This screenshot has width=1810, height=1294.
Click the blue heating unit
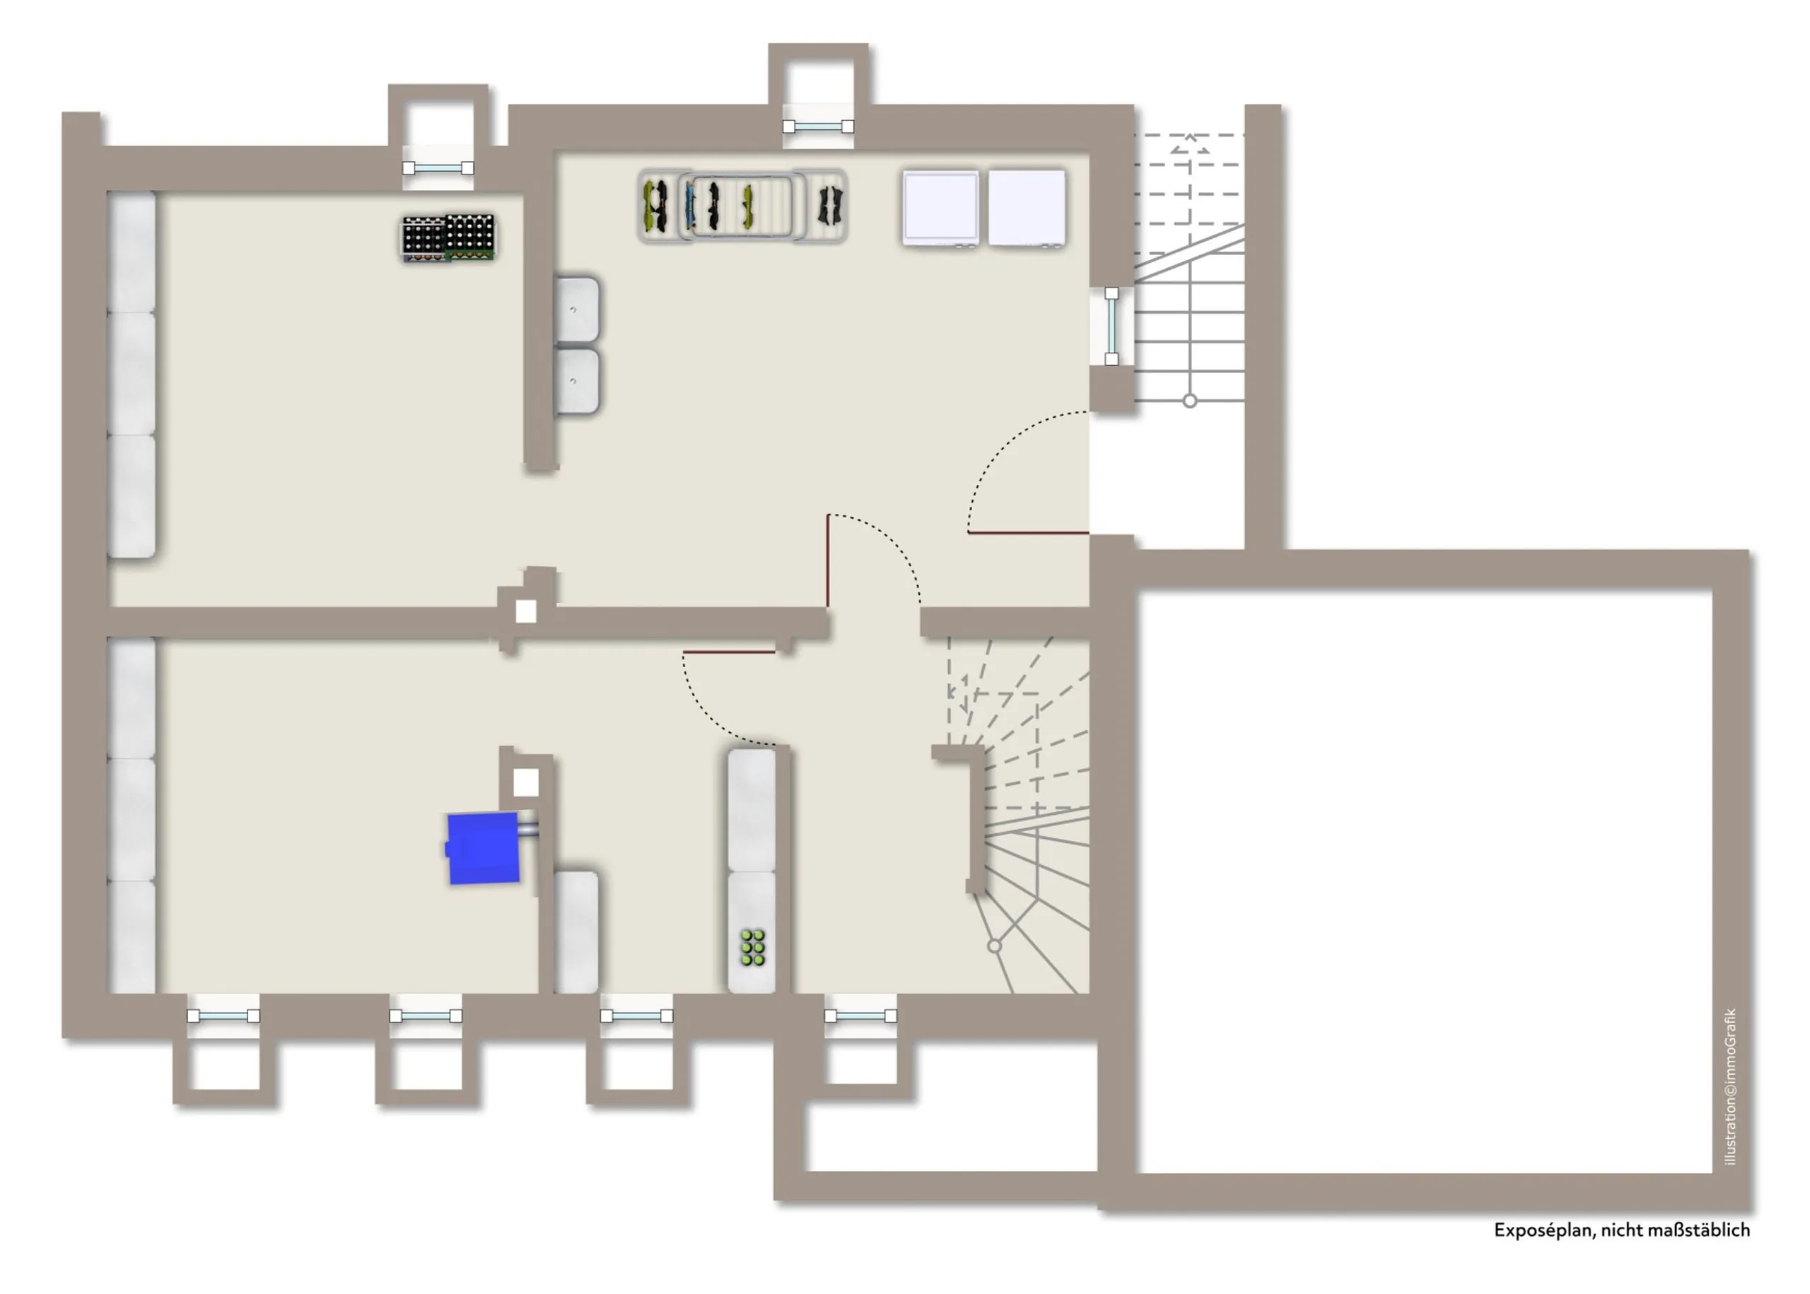pos(483,848)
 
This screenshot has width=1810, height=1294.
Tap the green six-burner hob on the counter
pos(752,948)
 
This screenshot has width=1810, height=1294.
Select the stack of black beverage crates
pos(448,237)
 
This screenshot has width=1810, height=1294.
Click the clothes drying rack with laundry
pos(742,206)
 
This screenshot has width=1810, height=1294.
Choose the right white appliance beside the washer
pos(1027,207)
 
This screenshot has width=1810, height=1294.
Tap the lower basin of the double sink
pos(577,381)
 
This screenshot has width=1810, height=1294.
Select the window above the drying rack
pos(819,127)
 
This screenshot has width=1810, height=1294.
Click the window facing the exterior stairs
pos(1111,326)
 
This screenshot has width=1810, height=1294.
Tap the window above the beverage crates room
pos(438,168)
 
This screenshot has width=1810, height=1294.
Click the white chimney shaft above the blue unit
pos(525,782)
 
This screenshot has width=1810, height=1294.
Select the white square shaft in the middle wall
pos(526,611)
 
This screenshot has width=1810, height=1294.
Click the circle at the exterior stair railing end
pos(1189,401)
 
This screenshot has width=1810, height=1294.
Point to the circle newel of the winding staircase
pos(994,946)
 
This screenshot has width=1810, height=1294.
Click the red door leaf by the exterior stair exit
pos(1028,532)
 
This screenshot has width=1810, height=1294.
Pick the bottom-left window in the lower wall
pos(223,1016)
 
